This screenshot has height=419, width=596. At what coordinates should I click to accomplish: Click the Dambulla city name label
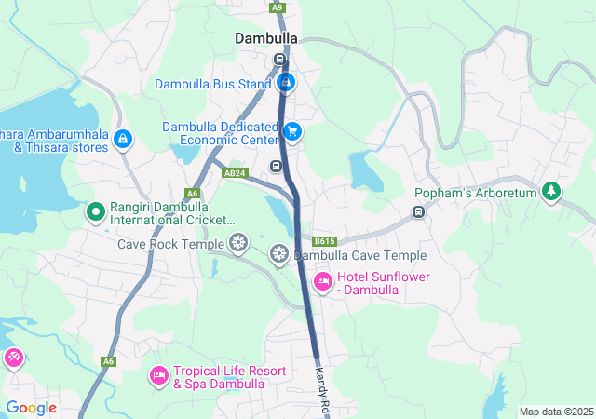266,38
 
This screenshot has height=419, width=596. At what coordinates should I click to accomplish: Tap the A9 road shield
277,7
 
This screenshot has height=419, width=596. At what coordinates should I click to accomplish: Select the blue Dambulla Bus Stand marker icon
286,83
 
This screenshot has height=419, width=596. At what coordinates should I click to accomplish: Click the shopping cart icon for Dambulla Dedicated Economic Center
292,132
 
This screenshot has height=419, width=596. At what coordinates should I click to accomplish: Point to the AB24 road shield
235,173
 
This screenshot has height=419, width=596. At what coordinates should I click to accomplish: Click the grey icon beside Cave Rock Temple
239,244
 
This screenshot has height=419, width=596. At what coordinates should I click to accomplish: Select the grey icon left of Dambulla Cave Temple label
279,254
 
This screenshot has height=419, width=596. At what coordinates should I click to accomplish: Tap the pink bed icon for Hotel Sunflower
322,280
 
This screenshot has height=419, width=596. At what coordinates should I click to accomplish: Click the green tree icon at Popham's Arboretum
552,192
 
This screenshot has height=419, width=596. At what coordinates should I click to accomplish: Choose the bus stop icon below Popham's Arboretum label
419,212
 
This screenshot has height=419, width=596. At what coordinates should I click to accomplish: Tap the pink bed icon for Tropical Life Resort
158,375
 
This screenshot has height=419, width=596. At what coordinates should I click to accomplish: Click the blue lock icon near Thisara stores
122,139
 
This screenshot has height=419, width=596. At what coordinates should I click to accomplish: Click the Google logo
31,408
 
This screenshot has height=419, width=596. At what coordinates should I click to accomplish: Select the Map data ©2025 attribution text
555,412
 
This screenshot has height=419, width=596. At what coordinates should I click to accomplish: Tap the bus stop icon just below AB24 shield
276,166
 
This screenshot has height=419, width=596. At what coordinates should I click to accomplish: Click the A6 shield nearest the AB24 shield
193,193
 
